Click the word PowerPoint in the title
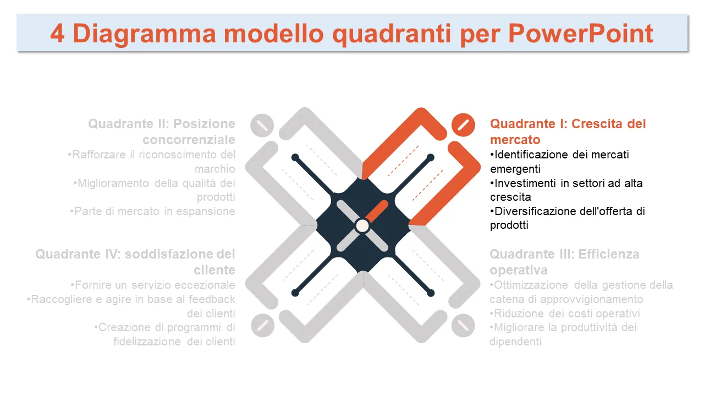click(580, 34)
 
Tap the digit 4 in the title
click(58, 34)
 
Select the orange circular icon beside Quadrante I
click(463, 125)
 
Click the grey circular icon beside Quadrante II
click(262, 125)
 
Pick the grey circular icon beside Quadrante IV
click(263, 325)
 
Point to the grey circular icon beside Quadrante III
click(463, 325)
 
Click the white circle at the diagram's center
click(362, 226)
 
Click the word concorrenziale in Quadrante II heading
click(189, 140)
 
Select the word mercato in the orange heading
click(515, 140)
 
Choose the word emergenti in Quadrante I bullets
click(515, 169)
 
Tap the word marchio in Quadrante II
click(215, 169)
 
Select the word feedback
click(212, 299)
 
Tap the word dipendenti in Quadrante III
click(515, 342)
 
